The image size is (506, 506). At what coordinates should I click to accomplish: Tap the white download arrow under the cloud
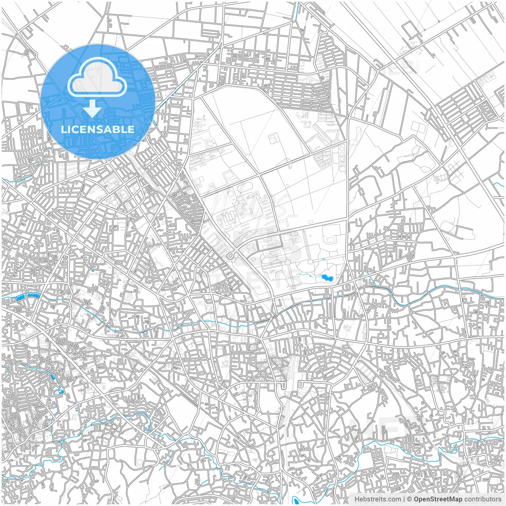(93, 109)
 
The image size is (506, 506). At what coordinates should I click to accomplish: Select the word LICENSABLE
(97, 129)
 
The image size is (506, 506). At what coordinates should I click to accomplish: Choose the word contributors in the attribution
(483, 499)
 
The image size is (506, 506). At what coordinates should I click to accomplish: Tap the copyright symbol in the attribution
(410, 499)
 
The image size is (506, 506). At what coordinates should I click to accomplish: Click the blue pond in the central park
(327, 278)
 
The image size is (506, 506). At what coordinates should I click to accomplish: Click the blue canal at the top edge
(297, 10)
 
